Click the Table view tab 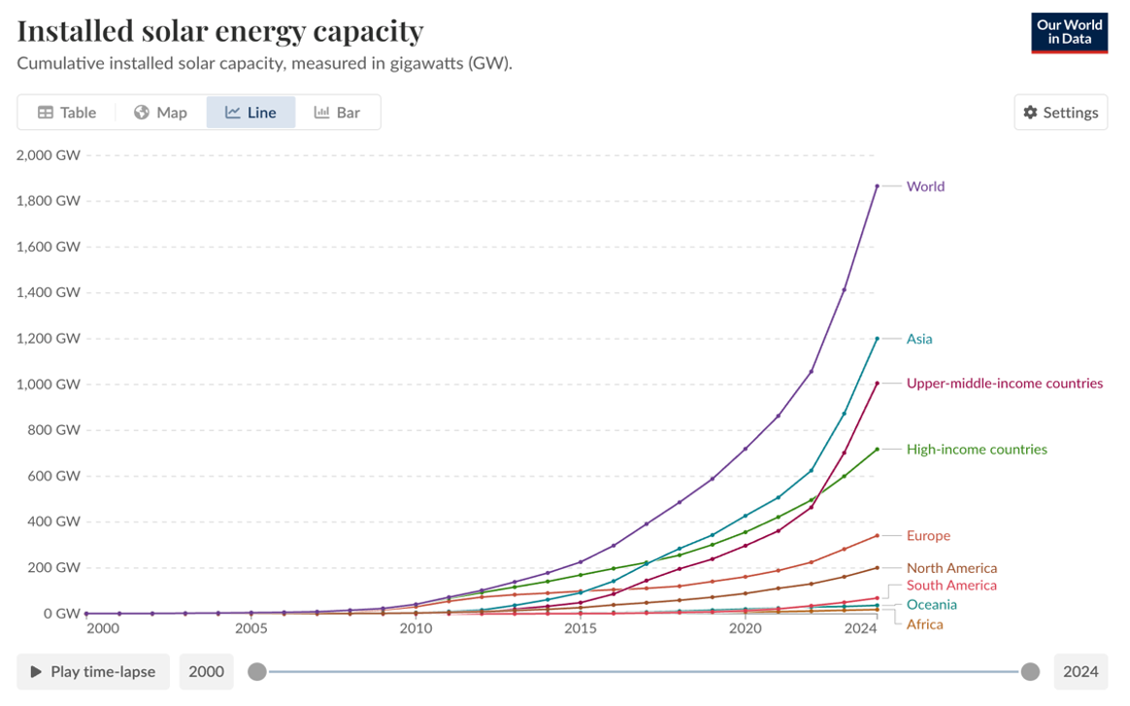(67, 113)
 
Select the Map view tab (160, 113)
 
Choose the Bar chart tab (337, 113)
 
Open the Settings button (1060, 113)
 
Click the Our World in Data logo (1068, 32)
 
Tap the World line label (925, 186)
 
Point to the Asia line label (919, 339)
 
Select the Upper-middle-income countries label (1004, 384)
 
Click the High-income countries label (977, 450)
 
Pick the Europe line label (928, 536)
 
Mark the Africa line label (924, 624)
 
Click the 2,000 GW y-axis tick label (49, 155)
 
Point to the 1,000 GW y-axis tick (49, 385)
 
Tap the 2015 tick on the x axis (581, 628)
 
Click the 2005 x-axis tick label (250, 628)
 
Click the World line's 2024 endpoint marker (877, 186)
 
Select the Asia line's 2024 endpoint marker (877, 339)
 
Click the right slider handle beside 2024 (1030, 672)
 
